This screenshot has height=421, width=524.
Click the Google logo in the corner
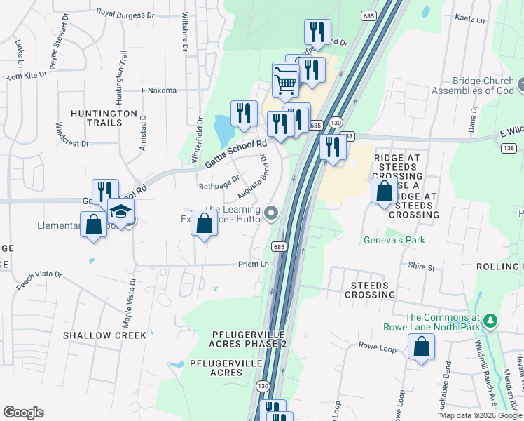point(23,413)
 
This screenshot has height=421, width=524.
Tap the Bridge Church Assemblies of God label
point(473,86)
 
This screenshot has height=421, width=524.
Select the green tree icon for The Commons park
point(491,320)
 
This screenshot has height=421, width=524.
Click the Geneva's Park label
point(394,241)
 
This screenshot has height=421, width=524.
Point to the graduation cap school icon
point(120,210)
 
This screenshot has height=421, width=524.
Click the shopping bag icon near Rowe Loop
point(421,347)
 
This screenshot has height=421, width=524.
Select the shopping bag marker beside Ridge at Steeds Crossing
point(384,191)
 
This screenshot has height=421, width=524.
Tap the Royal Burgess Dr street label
point(125,13)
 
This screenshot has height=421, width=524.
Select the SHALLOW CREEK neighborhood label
point(105,335)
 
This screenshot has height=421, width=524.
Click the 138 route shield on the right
point(508,147)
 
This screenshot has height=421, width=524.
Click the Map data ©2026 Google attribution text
point(479,415)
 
